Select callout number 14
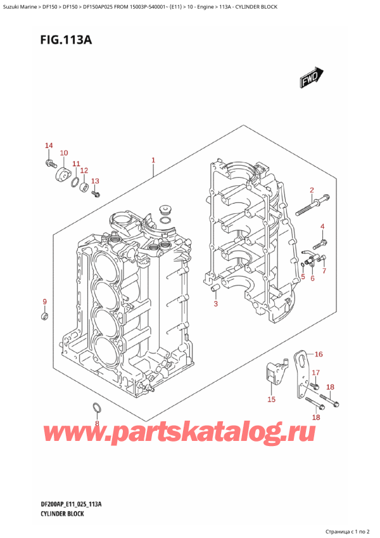coord(49,147)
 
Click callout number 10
coord(63,154)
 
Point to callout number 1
coord(153,161)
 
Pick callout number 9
coord(44,301)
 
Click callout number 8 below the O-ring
coord(97,423)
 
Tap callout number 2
coord(312,190)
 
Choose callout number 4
coord(322,226)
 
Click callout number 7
coord(324,272)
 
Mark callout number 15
coord(271,399)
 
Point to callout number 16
coord(319,354)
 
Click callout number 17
coord(315,373)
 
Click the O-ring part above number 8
coord(96,407)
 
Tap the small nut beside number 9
coord(44,315)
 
